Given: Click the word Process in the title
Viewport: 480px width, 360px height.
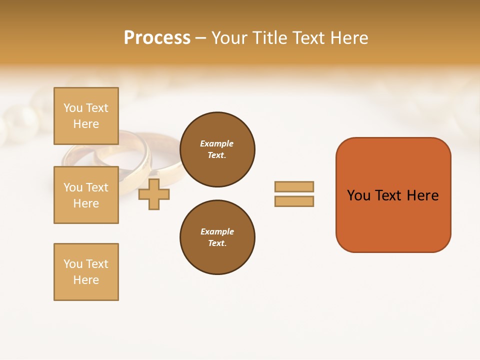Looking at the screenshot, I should click(x=157, y=38).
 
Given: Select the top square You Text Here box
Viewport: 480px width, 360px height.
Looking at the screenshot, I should click(x=86, y=116).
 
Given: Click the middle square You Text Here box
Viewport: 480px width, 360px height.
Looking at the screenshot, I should click(x=86, y=195).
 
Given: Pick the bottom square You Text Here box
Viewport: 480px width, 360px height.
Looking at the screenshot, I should click(x=86, y=272).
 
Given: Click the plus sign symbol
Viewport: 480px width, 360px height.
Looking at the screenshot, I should click(x=154, y=194).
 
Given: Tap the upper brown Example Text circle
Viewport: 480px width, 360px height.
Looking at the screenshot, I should click(x=217, y=149).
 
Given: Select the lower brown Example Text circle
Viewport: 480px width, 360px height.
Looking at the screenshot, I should click(x=217, y=237).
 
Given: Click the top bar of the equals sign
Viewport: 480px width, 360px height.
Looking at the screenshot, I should click(x=294, y=186).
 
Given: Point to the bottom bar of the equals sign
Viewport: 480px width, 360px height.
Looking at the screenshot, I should click(x=294, y=201).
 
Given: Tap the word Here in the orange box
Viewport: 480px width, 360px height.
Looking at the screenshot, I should click(x=422, y=195).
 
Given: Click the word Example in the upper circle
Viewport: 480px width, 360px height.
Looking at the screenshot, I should click(x=217, y=143).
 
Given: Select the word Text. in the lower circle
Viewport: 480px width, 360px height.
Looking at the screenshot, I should click(x=217, y=243).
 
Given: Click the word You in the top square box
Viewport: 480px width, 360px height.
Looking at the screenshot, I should click(x=73, y=108).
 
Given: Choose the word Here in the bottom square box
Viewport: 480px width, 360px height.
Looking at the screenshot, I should click(x=86, y=280).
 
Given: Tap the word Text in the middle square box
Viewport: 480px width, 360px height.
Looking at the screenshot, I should click(x=96, y=187).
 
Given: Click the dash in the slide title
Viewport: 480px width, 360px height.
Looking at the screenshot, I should click(x=200, y=38).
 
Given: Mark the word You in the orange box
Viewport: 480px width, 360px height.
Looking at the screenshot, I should click(x=358, y=195).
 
